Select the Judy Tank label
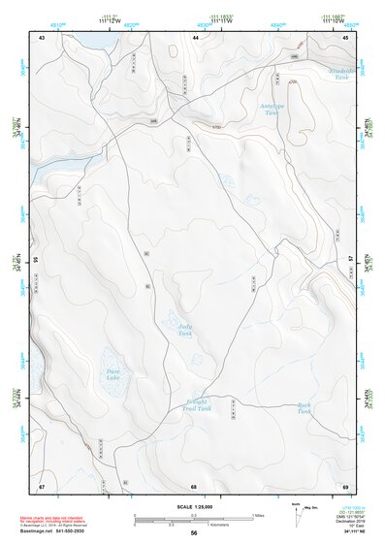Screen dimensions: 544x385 [x=185, y=331]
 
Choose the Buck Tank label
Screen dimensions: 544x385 [x=305, y=408]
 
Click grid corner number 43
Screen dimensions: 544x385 [x=42, y=37]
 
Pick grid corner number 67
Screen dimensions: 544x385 [x=42, y=485]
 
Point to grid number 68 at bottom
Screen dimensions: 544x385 [x=194, y=485]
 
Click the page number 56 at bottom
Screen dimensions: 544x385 [x=194, y=532]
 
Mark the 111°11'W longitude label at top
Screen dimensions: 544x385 [x=225, y=21]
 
